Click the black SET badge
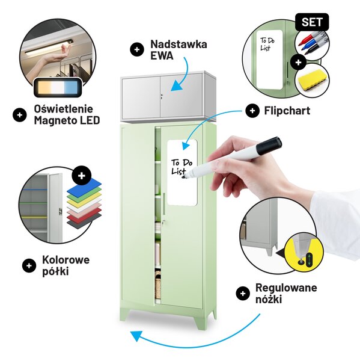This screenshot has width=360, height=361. coord(312,22)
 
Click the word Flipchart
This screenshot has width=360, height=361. coord(287,111)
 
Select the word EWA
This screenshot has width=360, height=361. coord(162,56)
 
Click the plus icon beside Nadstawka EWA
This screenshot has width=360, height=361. coord(137,49)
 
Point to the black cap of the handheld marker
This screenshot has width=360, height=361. coord(269,146)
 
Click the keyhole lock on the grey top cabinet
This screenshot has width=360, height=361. coord(162,96)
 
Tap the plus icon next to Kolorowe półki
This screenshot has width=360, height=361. coord(29,265)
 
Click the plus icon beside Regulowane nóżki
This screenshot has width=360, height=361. coord(243,294)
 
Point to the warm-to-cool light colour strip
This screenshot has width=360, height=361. coord(58,87)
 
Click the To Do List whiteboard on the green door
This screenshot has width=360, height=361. coord(182,172)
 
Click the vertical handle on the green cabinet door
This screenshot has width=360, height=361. coord(164,204)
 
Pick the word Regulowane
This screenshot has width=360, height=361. coord(286,288)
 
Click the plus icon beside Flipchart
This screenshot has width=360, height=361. coord(252,111)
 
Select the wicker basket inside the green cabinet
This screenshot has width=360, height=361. coord(158,285)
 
